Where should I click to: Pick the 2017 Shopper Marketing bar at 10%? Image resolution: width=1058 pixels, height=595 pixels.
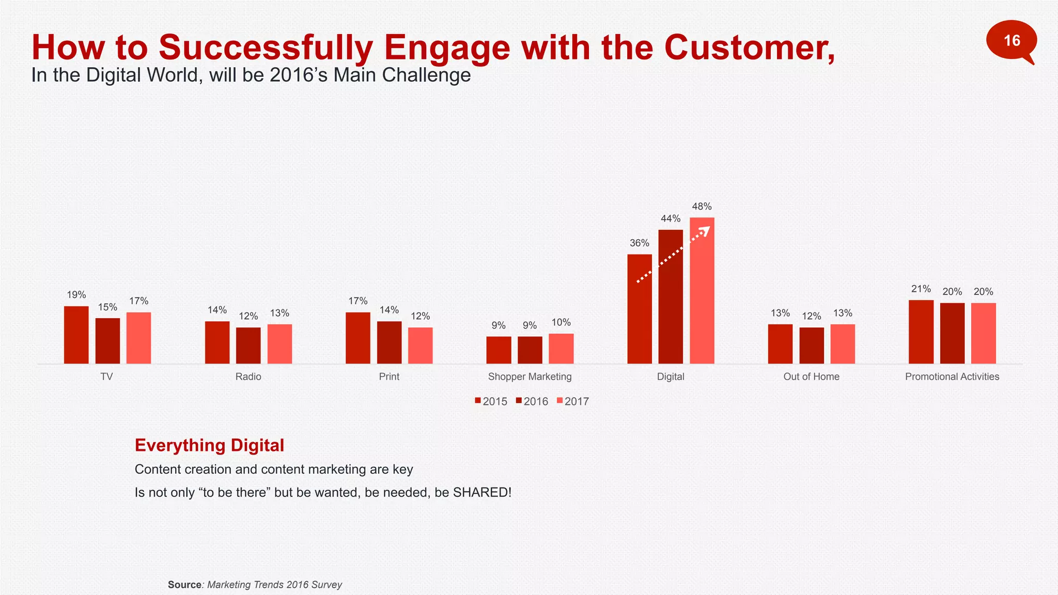click(561, 349)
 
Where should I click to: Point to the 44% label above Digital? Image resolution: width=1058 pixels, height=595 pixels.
click(671, 219)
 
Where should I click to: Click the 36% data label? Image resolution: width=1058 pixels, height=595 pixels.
click(639, 243)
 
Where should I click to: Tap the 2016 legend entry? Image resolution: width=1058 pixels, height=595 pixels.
click(532, 401)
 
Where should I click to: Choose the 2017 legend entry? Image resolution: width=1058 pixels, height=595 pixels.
click(573, 401)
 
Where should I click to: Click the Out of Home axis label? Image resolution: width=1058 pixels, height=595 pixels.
click(811, 377)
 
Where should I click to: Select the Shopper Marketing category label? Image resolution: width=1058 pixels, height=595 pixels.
click(530, 377)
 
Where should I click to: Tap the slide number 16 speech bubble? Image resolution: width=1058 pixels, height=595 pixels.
click(1011, 40)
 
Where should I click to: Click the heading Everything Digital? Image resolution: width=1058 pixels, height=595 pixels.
click(209, 445)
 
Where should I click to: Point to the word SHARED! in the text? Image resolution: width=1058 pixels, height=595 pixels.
click(482, 492)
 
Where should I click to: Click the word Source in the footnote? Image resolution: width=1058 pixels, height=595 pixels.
click(184, 585)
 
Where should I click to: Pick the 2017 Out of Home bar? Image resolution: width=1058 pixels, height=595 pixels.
click(843, 344)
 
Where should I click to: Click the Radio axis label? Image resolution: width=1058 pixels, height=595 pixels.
click(248, 377)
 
